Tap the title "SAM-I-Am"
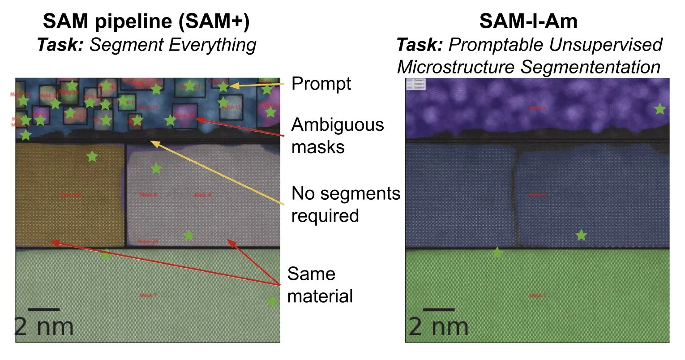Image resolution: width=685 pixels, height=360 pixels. pos(528,21)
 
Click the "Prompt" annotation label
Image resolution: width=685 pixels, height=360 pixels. pos(321,84)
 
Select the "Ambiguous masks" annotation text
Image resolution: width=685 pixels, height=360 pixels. pos(337,135)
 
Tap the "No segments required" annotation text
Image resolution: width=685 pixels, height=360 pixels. pos(345,204)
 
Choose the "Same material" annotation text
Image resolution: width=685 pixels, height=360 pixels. pos(320,285)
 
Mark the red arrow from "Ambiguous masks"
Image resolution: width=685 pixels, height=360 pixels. pos(242,128)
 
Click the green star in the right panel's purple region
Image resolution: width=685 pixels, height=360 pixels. pos(659,109)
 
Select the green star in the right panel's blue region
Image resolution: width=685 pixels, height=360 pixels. pos(581,235)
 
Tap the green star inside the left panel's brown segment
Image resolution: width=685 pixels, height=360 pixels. pos(92,156)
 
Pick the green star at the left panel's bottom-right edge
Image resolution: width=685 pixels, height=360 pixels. pos(272,302)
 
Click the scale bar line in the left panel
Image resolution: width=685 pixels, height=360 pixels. pos(44,309)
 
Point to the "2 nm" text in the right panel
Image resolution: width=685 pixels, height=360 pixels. pos(438,327)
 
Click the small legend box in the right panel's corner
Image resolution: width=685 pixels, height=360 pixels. pos(416,84)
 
